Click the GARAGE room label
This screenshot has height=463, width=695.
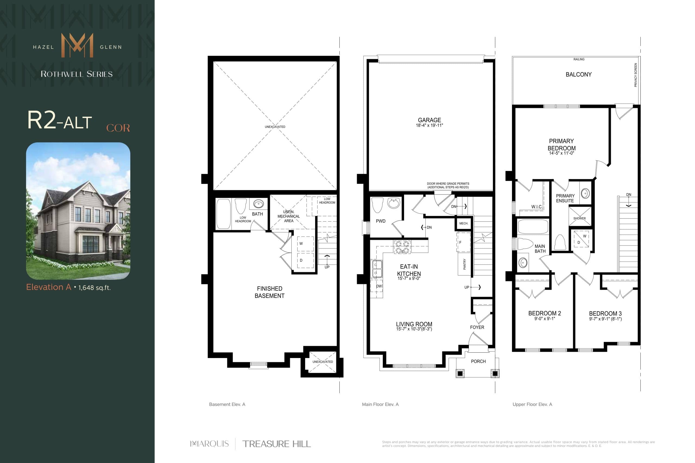pos(429,120)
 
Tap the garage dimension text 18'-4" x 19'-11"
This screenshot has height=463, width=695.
pos(429,126)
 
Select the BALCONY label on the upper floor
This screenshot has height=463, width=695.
pos(578,74)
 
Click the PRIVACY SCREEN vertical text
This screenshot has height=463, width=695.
pos(635,75)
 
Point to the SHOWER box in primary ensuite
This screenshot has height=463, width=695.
pos(579,216)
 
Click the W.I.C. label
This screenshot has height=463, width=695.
pos(537,207)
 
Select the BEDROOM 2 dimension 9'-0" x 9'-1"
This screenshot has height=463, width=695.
pos(544,319)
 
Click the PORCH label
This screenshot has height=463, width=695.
pos(478,361)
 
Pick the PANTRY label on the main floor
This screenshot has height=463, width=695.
pos(464,264)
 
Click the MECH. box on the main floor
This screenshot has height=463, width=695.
pos(463,223)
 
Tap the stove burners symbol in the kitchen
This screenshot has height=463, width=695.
pos(402,247)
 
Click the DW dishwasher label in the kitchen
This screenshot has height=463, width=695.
pos(378,286)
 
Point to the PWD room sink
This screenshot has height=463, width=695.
pos(393,203)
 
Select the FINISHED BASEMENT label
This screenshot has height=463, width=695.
pos(269,292)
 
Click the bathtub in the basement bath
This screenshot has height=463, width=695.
pos(223,214)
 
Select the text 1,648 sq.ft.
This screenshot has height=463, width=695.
pos(94,288)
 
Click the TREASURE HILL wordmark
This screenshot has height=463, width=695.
pos(276,444)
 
